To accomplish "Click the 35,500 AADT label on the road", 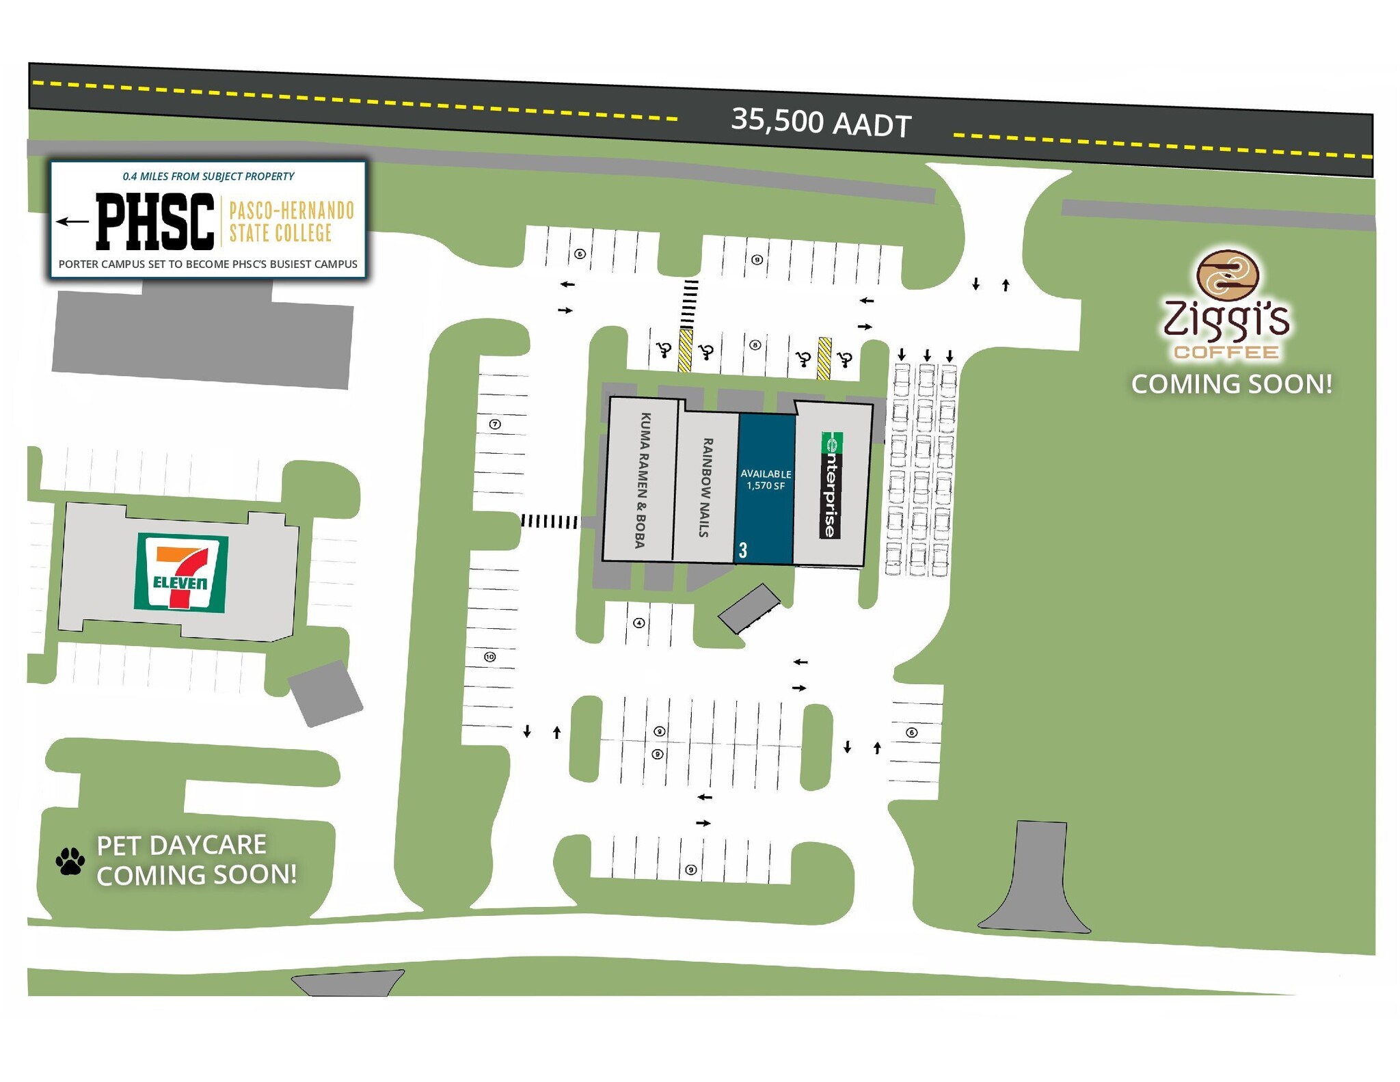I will point(821,123).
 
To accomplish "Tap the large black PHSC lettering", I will point(155,221).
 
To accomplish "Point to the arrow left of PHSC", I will point(72,221).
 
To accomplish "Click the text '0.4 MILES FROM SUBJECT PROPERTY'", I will point(208,176).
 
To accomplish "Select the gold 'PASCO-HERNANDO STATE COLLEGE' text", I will point(291,221).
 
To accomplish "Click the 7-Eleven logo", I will point(181,572).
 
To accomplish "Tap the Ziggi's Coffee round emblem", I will point(1228,275).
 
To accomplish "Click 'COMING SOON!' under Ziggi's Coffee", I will point(1232,384).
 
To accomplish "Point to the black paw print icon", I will point(70,861).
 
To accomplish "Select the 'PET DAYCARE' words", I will point(181,846).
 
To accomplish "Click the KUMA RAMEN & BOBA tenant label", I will point(642,480).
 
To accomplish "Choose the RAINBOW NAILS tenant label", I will point(705,487).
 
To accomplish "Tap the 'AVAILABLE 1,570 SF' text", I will point(766,479).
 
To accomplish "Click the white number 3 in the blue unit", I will point(743,550).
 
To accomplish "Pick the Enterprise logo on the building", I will point(831,485).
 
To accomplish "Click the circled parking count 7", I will point(496,424).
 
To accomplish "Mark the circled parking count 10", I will point(489,657).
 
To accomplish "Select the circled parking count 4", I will point(638,623).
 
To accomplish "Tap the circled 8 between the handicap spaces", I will point(755,345).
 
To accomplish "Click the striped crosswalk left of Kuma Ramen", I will point(549,522).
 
